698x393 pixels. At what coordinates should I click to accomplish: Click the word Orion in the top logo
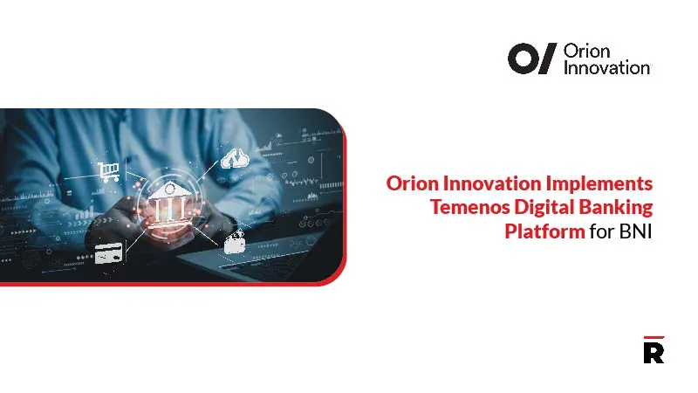tap(585, 52)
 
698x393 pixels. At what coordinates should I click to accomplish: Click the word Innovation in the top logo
tap(606, 67)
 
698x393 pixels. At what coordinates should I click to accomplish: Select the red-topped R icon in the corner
tap(653, 349)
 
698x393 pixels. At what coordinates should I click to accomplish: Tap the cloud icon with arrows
tap(233, 158)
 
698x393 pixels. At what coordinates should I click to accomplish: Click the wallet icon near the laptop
tap(234, 244)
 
